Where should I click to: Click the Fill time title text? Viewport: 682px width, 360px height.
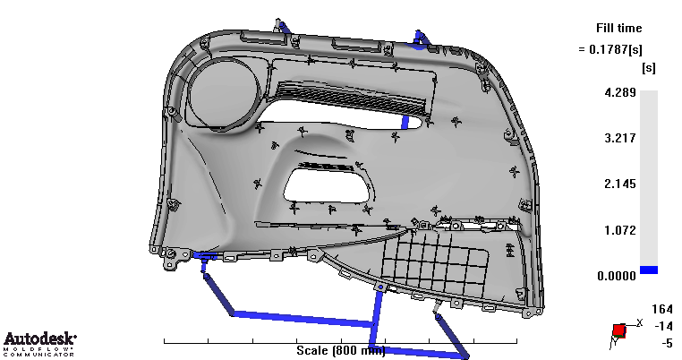click(x=619, y=29)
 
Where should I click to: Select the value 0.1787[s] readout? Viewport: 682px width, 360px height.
click(x=616, y=49)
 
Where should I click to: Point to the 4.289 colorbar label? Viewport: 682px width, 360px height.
click(x=620, y=92)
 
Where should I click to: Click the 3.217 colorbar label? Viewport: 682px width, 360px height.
click(x=620, y=138)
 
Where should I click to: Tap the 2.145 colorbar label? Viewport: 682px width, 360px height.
click(x=620, y=184)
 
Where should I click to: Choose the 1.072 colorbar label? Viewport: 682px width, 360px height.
click(x=620, y=230)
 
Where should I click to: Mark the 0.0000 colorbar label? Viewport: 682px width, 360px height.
click(x=617, y=276)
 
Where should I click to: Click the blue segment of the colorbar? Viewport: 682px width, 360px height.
click(x=649, y=270)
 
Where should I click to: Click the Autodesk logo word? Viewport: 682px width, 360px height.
click(x=39, y=339)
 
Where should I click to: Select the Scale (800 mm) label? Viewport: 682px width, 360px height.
click(x=341, y=350)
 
